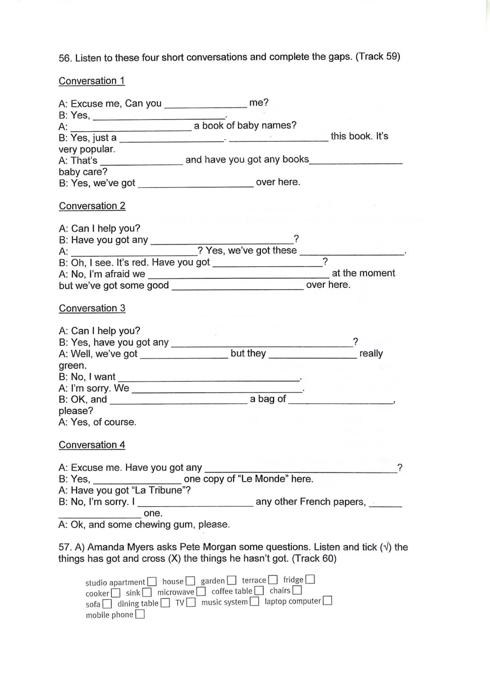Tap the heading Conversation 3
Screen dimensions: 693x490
pos(92,308)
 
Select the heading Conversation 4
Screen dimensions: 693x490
pos(92,445)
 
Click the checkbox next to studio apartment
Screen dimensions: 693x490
pos(152,582)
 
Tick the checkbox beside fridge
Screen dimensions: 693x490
pos(310,579)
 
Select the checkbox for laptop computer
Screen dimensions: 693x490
pos(327,601)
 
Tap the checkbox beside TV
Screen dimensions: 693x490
pos(191,602)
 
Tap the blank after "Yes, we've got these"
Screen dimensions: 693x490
pos(352,252)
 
